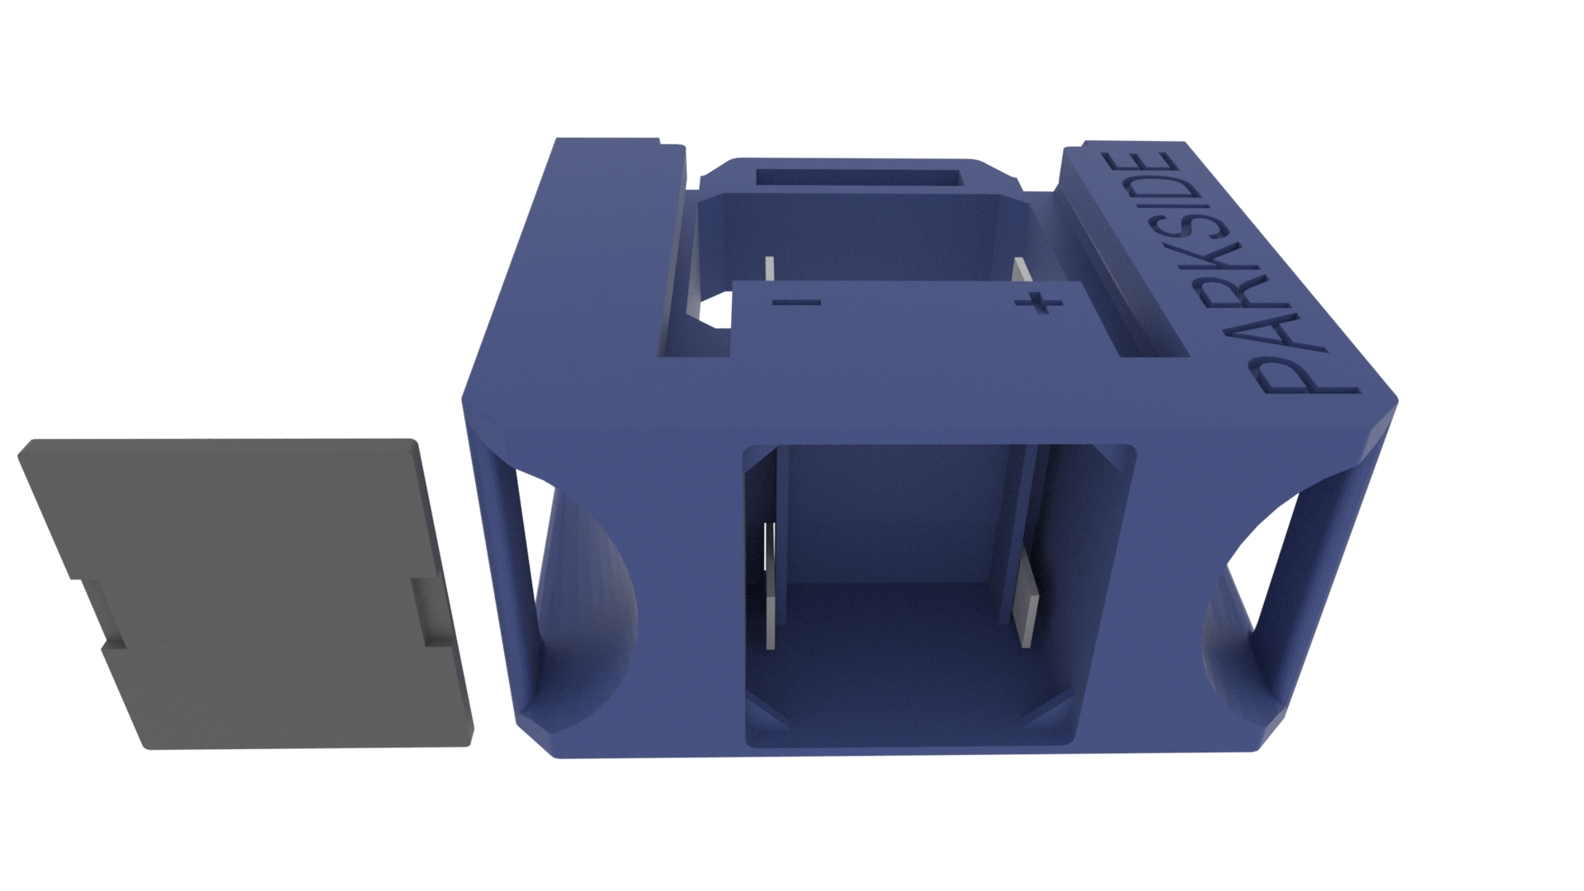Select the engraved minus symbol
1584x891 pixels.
796,303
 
